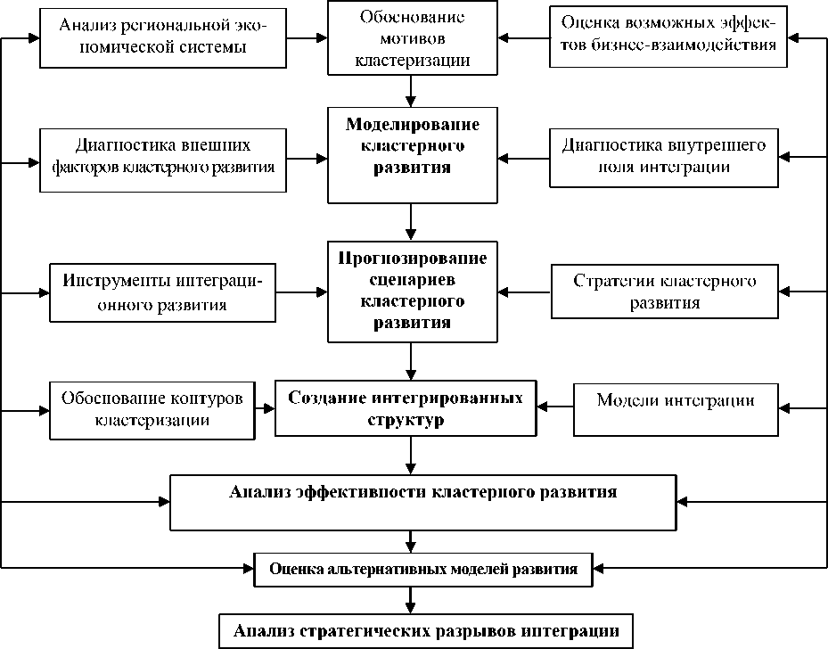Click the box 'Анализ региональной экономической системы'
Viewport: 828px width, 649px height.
click(163, 37)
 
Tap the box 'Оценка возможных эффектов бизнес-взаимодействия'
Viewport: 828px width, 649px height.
click(668, 37)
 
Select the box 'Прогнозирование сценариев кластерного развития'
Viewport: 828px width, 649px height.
click(412, 292)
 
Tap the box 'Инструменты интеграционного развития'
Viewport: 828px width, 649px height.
click(163, 292)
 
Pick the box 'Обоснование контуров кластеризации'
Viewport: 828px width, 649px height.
click(152, 410)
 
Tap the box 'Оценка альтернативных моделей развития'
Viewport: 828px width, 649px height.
click(423, 569)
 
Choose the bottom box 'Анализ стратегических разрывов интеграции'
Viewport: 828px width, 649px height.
click(426, 630)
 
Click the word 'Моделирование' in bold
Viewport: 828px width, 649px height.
click(412, 122)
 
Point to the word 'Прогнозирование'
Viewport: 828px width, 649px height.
click(412, 259)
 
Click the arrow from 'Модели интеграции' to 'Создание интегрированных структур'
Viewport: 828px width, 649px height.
click(560, 407)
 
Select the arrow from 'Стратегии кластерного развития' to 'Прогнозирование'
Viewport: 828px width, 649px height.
click(524, 292)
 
